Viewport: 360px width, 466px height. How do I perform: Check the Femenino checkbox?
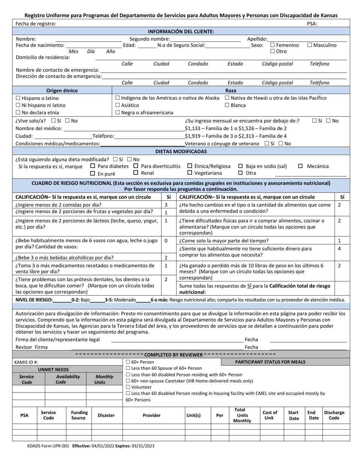272,45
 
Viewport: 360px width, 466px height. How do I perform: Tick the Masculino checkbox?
310,45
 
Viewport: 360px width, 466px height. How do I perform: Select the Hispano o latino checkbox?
18,98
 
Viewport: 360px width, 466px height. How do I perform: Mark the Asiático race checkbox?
117,105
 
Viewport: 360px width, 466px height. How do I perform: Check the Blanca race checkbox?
227,105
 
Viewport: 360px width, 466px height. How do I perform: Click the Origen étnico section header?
62,91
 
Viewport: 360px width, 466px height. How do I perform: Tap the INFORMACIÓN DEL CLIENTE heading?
181,31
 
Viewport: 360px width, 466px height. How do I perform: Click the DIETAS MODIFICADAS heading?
181,152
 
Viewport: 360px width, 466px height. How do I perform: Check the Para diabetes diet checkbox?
93,166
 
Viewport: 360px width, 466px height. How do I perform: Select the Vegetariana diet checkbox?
190,173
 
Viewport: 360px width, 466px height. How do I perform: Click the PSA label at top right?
312,23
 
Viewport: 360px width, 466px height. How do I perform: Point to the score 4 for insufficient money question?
339,249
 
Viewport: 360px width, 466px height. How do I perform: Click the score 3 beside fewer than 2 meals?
166,205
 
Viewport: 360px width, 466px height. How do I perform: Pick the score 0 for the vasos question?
166,241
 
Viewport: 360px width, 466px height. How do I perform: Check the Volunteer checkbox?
128,387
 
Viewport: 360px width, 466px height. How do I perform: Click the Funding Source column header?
79,415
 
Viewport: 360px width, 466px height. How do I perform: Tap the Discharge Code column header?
334,415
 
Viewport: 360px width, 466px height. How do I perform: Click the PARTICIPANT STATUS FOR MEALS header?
270,362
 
